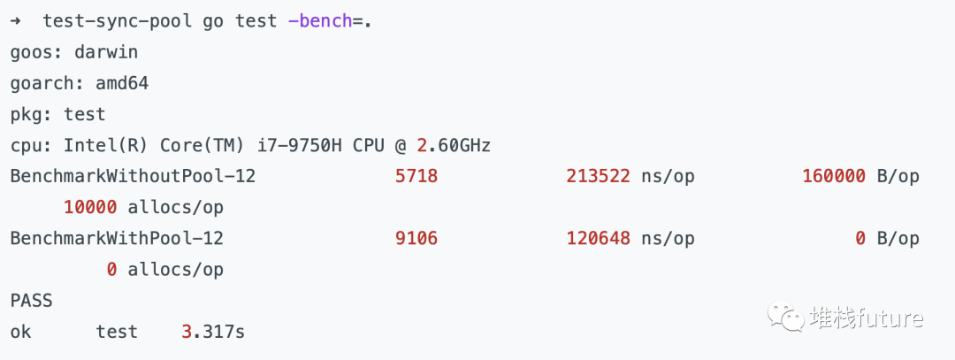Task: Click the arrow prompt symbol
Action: pyautogui.click(x=16, y=20)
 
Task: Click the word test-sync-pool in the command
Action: pyautogui.click(x=117, y=20)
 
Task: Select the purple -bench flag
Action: pyautogui.click(x=320, y=20)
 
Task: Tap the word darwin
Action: pyautogui.click(x=106, y=51)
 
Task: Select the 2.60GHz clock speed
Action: pyautogui.click(x=453, y=145)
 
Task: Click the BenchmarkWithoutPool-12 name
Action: pyautogui.click(x=133, y=176)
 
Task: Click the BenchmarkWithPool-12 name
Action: pyautogui.click(x=117, y=238)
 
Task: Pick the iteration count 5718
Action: pyautogui.click(x=416, y=176)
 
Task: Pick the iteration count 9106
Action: pyautogui.click(x=416, y=238)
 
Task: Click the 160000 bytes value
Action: pyautogui.click(x=834, y=176)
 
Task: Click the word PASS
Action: pyautogui.click(x=32, y=301)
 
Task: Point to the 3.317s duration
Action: pyautogui.click(x=213, y=332)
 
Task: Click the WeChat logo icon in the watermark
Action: pyautogui.click(x=784, y=316)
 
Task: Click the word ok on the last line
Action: pyautogui.click(x=21, y=332)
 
